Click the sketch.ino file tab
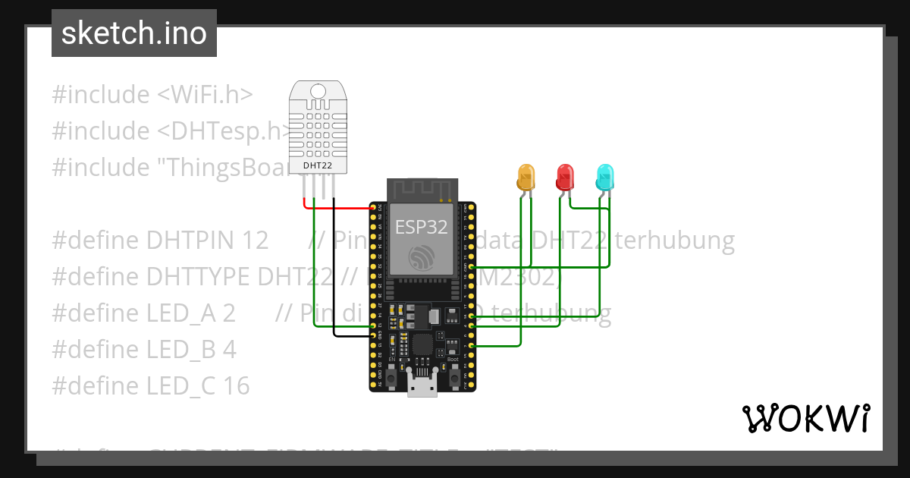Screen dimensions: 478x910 point(133,33)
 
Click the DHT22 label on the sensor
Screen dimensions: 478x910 point(318,165)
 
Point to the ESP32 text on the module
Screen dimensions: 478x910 point(421,226)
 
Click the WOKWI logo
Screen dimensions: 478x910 point(805,418)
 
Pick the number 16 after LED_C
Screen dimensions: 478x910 point(237,386)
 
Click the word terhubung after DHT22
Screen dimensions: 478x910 point(674,241)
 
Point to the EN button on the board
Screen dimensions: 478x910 point(391,375)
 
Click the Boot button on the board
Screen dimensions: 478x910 point(453,375)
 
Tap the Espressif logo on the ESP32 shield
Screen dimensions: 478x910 point(421,258)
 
